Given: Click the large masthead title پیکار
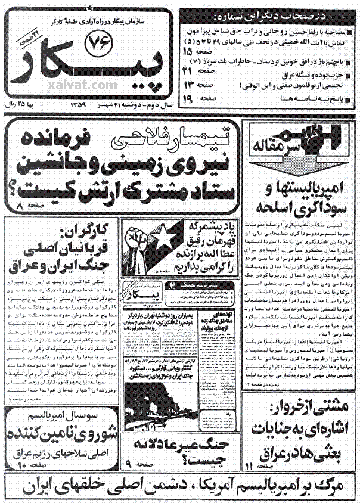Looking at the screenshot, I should click(x=89, y=66).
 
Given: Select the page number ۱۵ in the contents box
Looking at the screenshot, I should click(x=216, y=51).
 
